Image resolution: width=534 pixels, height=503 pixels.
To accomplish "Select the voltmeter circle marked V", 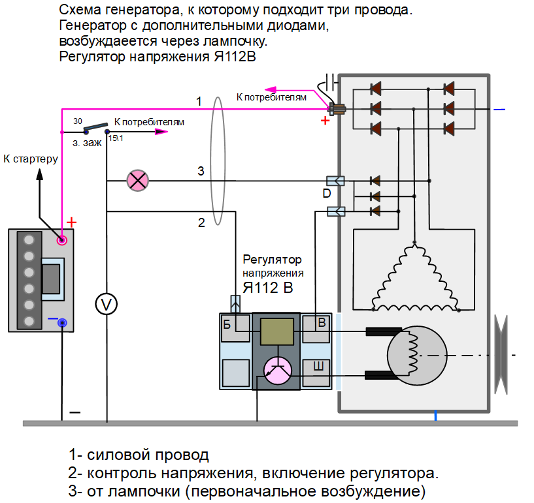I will (x=106, y=304).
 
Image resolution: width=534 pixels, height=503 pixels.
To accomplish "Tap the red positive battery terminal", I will (x=63, y=240).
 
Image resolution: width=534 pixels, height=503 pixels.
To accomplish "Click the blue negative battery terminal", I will (x=63, y=322).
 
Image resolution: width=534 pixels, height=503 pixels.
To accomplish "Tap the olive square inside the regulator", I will (x=276, y=331).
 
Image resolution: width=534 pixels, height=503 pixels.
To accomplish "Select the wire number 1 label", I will (x=199, y=100).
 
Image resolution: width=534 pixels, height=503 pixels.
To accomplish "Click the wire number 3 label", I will (x=201, y=172).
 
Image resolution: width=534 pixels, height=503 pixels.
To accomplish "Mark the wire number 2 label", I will (x=201, y=222).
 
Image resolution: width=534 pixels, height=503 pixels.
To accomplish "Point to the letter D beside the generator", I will (x=326, y=194).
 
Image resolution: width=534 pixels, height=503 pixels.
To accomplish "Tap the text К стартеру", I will (x=31, y=159).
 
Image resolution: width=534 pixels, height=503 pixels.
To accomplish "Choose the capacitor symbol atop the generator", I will (x=333, y=82).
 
